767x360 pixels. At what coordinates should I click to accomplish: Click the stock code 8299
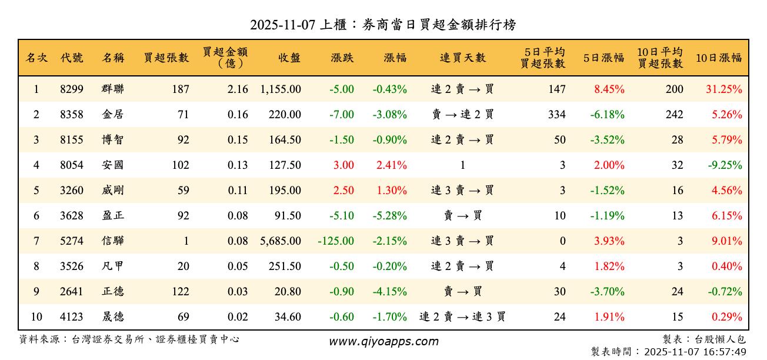[72, 89]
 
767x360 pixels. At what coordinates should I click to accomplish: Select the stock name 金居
[112, 115]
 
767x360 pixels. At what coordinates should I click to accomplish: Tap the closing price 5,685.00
[281, 241]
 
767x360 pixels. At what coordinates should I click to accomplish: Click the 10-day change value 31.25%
[724, 89]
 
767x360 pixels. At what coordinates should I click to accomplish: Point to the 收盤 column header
[289, 58]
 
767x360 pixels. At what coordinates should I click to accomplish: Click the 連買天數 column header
[462, 58]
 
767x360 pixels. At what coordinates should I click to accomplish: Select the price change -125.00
[336, 241]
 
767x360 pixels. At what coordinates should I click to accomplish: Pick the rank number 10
[36, 317]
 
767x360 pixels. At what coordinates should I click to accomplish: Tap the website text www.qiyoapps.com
[383, 342]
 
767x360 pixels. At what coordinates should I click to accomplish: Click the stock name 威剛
[112, 191]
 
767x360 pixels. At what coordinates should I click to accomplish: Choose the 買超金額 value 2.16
[238, 89]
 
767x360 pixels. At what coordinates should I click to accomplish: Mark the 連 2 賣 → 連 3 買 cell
[462, 317]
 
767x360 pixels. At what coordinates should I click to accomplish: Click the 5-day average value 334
[556, 115]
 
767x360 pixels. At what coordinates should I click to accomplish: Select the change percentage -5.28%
[389, 216]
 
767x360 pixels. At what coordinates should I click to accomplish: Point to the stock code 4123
[72, 317]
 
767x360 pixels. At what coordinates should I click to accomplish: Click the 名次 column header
[36, 58]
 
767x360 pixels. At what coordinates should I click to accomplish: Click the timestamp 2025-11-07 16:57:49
[695, 352]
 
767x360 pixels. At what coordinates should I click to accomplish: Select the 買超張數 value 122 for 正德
[179, 292]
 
